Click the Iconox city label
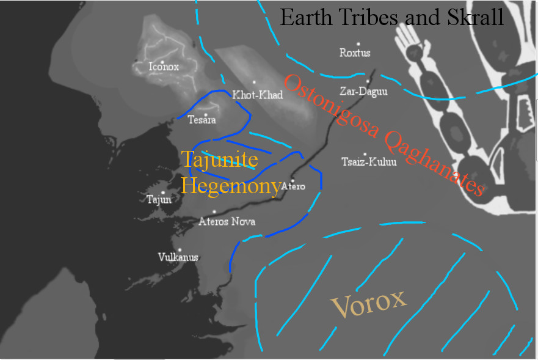pos(164,67)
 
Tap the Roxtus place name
pos(355,53)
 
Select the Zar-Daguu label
pos(363,92)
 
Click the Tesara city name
pos(202,120)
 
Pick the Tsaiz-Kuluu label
pos(369,162)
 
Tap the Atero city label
pos(294,186)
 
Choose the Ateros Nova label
pos(227,221)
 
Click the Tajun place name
pos(159,199)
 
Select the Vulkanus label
pos(178,257)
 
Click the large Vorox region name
pos(368,303)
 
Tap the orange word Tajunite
pos(220,161)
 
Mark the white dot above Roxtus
pos(358,44)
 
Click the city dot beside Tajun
pos(163,193)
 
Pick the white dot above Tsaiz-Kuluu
pos(365,155)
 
